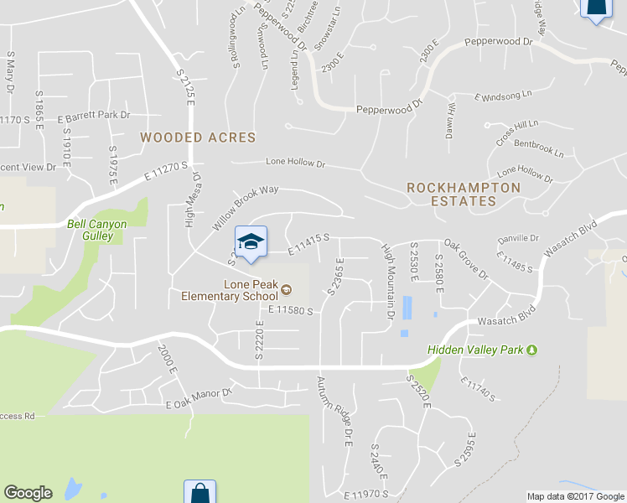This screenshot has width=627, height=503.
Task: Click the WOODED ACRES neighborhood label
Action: point(198,137)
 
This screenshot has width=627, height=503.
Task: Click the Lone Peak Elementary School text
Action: point(229,290)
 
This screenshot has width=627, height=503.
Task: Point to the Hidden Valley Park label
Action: point(475,350)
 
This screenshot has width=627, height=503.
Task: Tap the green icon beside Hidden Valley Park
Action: point(531,350)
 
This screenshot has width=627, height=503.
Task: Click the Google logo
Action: point(28,493)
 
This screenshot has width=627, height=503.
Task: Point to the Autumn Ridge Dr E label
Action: point(334,410)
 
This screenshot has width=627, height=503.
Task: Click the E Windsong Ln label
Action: point(504,97)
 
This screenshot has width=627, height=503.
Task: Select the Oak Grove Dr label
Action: point(466,259)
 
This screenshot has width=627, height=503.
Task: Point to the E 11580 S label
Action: point(290,310)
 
